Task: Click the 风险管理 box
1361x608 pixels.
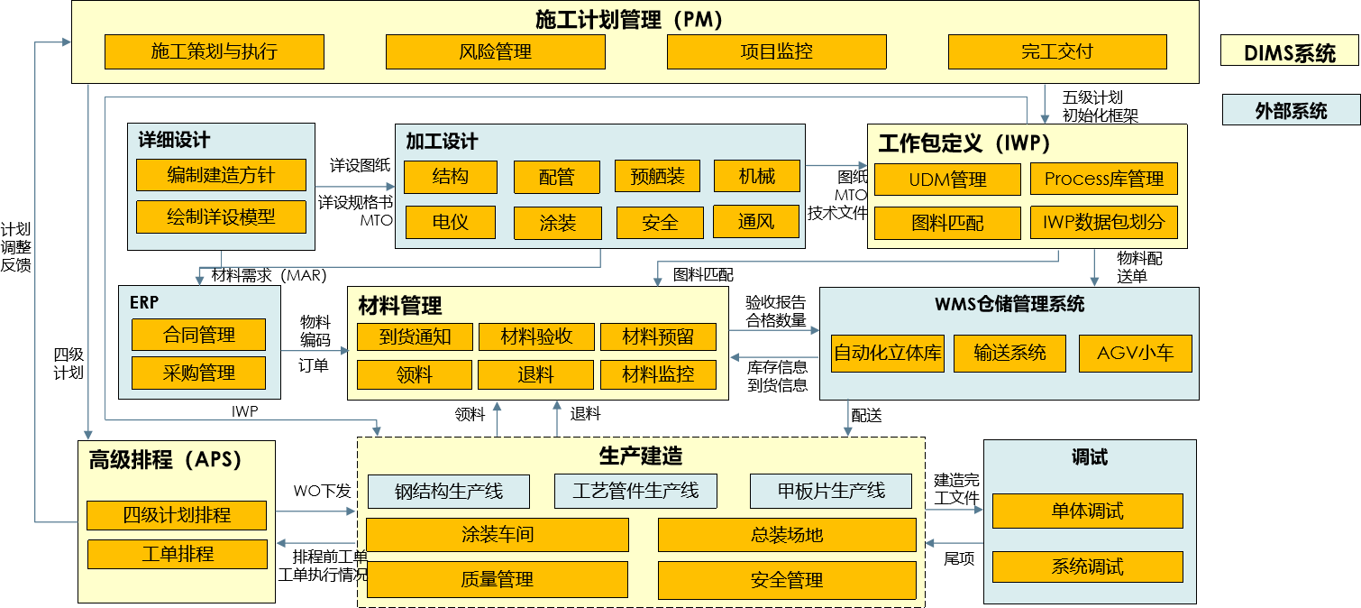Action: tap(495, 52)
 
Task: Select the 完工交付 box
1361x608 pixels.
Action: tap(1057, 52)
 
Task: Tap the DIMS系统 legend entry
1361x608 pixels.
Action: tap(1290, 53)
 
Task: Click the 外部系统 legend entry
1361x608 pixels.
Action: tap(1291, 111)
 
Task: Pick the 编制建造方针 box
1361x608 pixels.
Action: tap(221, 175)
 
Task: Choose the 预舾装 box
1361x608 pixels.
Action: tap(657, 177)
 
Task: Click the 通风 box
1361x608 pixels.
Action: tap(755, 221)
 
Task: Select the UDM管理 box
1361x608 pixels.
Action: tap(947, 180)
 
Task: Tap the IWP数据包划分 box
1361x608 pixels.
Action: tap(1103, 222)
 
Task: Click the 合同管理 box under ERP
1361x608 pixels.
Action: tap(198, 336)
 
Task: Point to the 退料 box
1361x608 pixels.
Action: tap(535, 375)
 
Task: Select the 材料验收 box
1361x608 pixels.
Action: tap(536, 337)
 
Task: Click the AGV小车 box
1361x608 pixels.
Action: tap(1135, 354)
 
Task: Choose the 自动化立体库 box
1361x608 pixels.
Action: tap(887, 354)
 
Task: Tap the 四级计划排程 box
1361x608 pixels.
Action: tap(177, 516)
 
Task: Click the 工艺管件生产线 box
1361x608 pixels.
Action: tap(635, 492)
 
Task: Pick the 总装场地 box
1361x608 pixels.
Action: tap(787, 535)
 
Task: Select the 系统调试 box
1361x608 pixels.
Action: tap(1087, 567)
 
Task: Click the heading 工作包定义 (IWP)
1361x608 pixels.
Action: tap(964, 143)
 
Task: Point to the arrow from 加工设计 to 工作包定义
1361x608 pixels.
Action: tap(836, 166)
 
